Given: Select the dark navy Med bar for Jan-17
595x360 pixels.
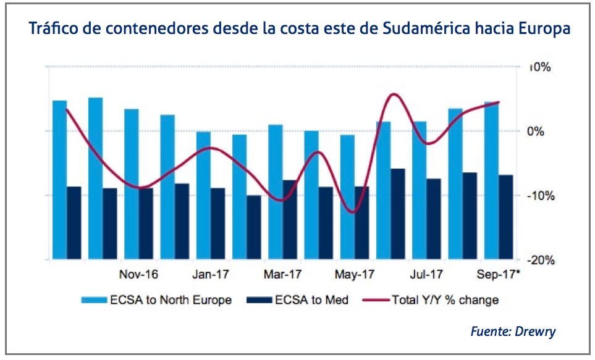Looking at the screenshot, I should [217, 222].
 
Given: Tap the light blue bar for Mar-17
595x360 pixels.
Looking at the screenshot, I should [275, 191].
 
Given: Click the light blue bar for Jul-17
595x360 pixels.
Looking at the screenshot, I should [419, 189].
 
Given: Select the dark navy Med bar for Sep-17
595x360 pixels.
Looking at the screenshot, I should [506, 216].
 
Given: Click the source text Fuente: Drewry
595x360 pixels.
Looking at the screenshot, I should [513, 332].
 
